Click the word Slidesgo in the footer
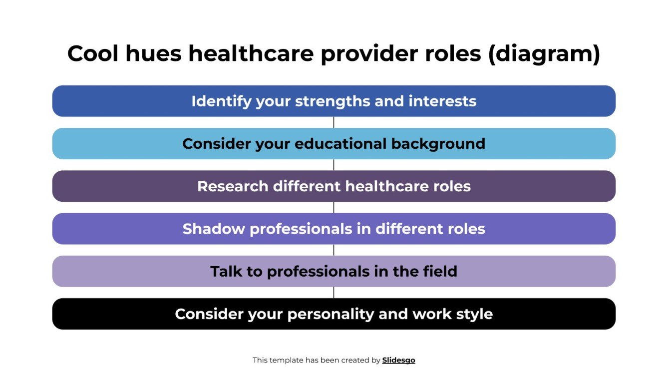pyautogui.click(x=398, y=360)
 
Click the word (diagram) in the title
pyautogui.click(x=544, y=54)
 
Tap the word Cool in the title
pyautogui.click(x=92, y=54)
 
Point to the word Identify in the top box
pyautogui.click(x=221, y=101)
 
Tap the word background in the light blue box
pyautogui.click(x=438, y=144)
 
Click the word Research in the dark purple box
pyautogui.click(x=233, y=186)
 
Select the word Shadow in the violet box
pyautogui.click(x=214, y=229)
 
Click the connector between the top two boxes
pyautogui.click(x=334, y=122)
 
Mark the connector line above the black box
pyautogui.click(x=334, y=293)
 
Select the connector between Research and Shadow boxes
pyautogui.click(x=334, y=207)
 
